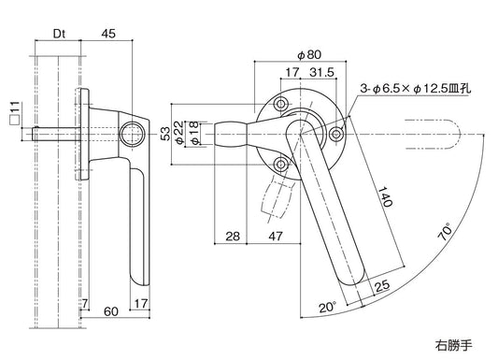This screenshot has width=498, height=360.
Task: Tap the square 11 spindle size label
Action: coord(13,116)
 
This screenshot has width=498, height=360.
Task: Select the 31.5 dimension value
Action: coord(322,73)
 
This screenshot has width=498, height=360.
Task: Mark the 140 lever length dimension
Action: coord(384,196)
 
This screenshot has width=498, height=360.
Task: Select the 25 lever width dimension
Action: coord(381,286)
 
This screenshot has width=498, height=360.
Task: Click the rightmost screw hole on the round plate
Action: coord(336,135)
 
